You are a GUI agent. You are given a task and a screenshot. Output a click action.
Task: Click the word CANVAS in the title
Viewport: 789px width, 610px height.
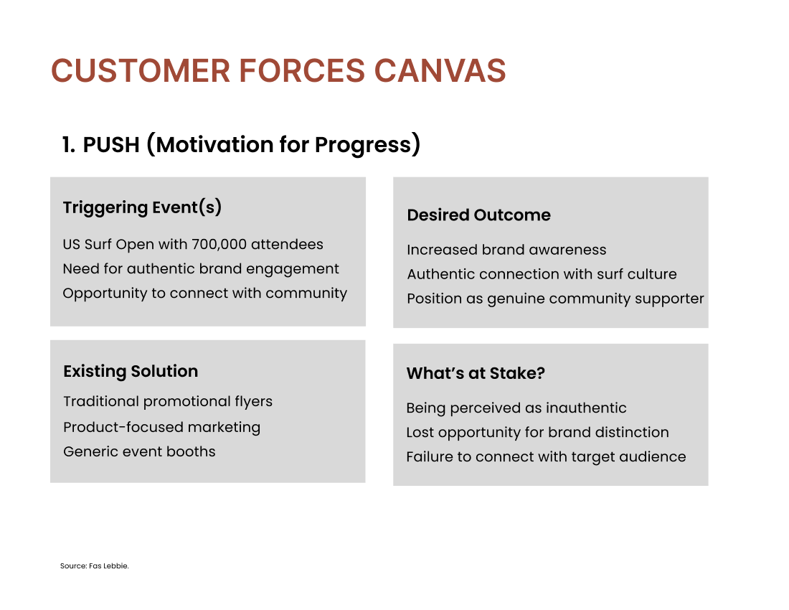pyautogui.click(x=440, y=70)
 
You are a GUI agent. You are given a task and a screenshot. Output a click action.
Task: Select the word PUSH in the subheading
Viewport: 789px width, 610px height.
pyautogui.click(x=111, y=145)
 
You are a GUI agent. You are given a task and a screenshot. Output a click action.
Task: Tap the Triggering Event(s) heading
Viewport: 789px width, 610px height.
pyautogui.click(x=143, y=207)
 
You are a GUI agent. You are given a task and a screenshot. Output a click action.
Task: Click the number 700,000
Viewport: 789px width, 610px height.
pyautogui.click(x=219, y=245)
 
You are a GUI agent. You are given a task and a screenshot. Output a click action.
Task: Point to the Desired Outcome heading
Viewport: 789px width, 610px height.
pyautogui.click(x=478, y=215)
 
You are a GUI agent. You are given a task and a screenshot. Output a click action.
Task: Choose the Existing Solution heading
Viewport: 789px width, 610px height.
pyautogui.click(x=131, y=371)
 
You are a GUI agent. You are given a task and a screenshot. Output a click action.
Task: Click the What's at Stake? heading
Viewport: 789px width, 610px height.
pyautogui.click(x=476, y=373)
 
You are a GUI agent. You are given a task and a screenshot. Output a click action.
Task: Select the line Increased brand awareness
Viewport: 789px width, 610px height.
pyautogui.click(x=506, y=250)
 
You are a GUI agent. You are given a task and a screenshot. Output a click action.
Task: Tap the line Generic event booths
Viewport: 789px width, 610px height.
pyautogui.click(x=139, y=451)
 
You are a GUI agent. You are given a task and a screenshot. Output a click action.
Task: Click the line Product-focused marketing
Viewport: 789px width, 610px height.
pyautogui.click(x=161, y=427)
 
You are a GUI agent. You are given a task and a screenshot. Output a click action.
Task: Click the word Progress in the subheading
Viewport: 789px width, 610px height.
pyautogui.click(x=363, y=145)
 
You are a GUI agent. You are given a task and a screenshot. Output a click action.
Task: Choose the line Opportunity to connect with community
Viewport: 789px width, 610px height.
pyautogui.click(x=205, y=294)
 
